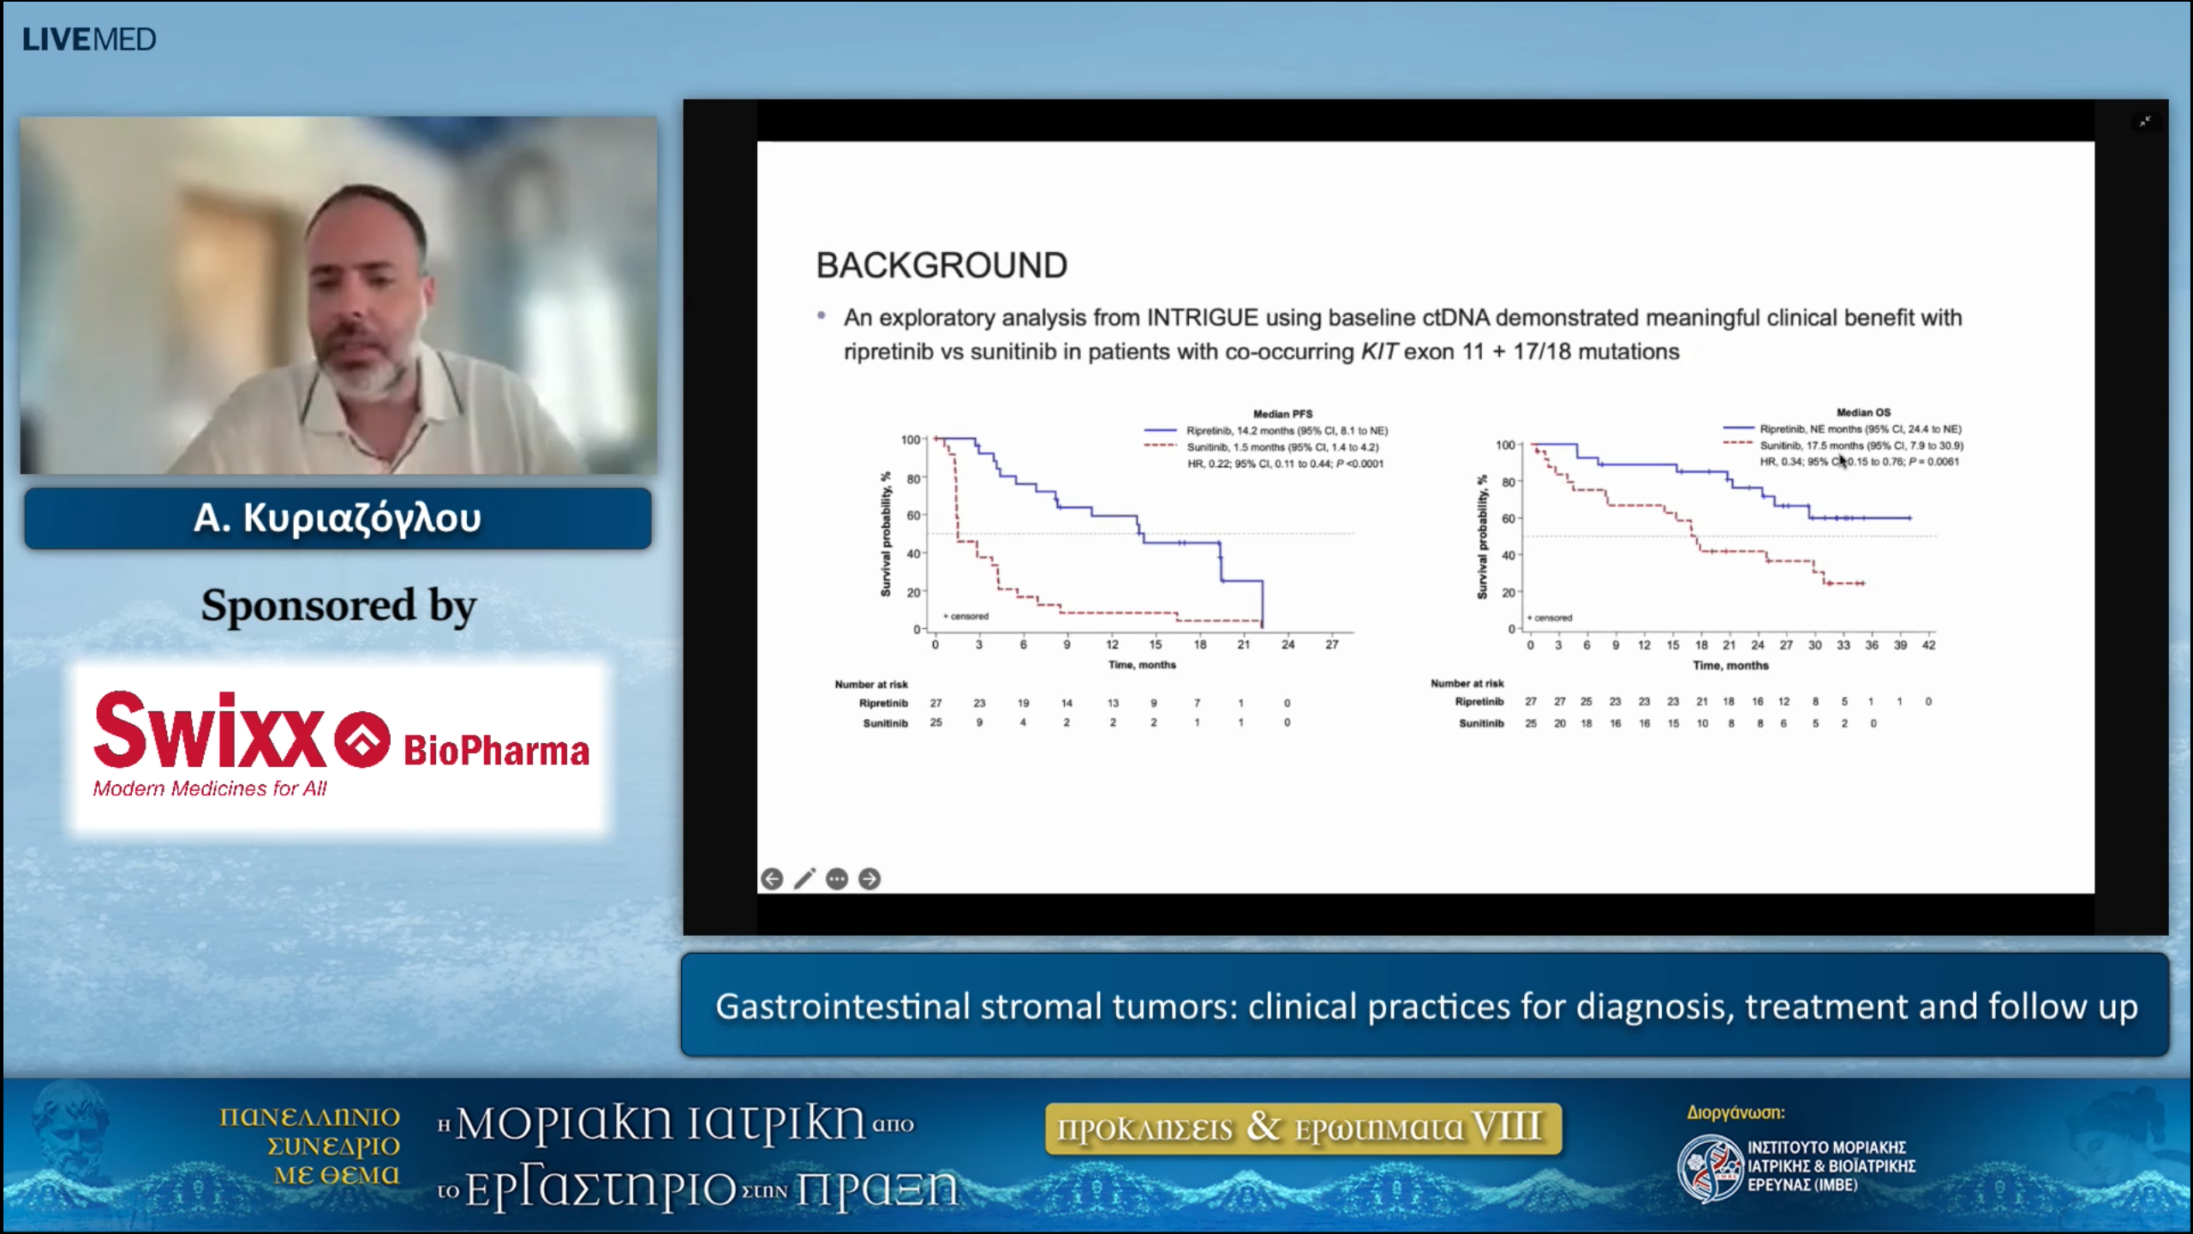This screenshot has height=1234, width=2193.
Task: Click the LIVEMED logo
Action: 89,39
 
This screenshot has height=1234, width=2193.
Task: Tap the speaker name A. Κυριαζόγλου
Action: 338,518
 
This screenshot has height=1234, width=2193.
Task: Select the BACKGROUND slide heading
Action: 941,266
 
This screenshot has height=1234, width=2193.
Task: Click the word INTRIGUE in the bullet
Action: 1202,318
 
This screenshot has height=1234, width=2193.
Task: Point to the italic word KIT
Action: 1379,352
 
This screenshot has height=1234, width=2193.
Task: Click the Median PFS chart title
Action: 1282,414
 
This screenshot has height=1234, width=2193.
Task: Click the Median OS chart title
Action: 1863,412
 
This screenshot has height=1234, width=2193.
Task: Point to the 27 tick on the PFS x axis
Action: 1331,644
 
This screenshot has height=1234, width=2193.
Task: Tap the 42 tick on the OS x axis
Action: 1928,645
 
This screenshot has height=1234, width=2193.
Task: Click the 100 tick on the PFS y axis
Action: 910,440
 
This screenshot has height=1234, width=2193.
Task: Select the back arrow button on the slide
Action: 772,879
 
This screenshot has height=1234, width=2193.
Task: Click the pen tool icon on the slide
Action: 804,879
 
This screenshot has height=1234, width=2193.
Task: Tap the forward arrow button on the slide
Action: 869,879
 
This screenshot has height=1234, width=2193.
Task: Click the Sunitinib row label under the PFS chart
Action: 884,723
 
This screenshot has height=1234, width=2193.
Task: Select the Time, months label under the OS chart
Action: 1730,666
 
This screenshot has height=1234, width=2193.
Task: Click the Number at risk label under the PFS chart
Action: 870,685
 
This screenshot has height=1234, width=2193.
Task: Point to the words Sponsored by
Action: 338,606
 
